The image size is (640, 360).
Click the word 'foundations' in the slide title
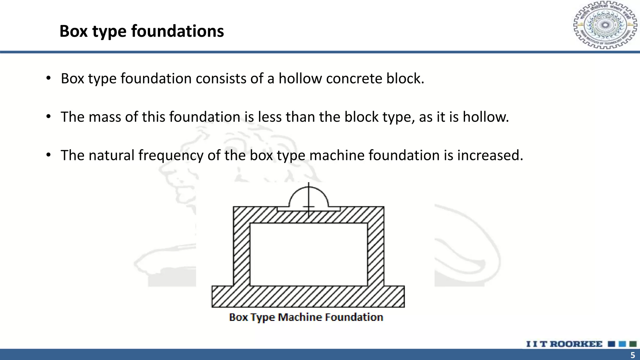(x=177, y=31)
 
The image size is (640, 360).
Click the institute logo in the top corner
(x=605, y=25)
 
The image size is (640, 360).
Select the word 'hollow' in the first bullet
(x=300, y=78)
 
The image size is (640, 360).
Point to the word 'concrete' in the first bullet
(x=354, y=78)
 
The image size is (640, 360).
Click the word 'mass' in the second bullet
(x=105, y=117)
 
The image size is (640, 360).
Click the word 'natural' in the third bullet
(x=111, y=155)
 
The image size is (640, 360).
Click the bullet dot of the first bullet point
(x=48, y=78)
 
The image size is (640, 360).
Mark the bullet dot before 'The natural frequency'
(x=48, y=155)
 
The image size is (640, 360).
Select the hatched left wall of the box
(x=242, y=250)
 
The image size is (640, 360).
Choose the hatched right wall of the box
(x=376, y=250)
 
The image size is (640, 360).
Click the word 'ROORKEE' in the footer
(x=576, y=344)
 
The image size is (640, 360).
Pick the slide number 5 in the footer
(x=632, y=355)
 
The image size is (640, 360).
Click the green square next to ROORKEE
(x=633, y=344)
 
